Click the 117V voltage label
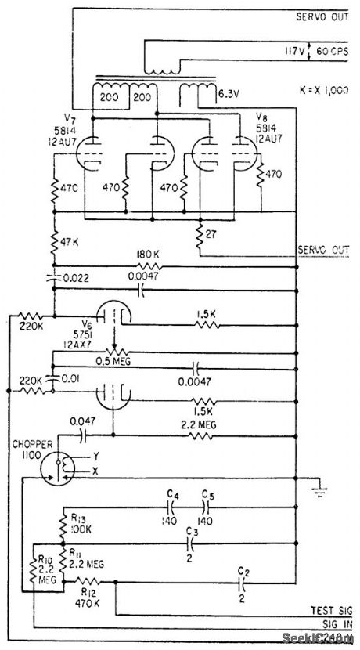301,50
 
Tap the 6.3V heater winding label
229,93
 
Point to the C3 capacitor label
192,531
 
